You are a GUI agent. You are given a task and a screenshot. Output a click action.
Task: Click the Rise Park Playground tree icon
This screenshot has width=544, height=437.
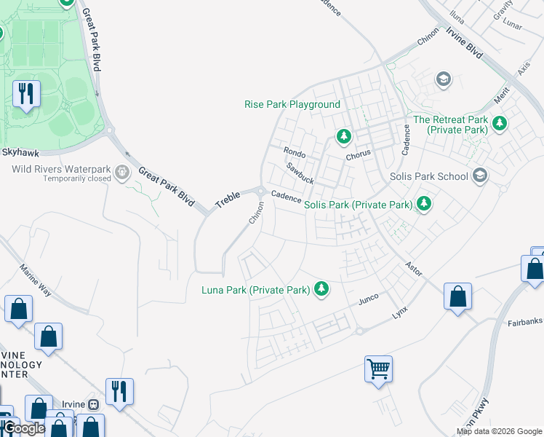343,136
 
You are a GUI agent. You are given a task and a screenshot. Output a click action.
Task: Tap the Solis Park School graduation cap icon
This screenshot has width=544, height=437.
479,175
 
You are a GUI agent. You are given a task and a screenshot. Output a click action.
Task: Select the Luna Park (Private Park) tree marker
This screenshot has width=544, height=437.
321,290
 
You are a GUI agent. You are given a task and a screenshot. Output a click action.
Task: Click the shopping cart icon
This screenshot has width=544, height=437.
379,369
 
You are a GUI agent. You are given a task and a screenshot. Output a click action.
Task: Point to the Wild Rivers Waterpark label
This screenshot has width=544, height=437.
61,170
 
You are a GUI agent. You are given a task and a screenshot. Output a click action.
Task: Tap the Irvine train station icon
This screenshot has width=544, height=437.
93,404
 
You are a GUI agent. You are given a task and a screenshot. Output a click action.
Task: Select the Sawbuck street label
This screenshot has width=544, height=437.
300,173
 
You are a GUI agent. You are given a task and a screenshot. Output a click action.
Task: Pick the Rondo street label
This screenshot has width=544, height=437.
294,154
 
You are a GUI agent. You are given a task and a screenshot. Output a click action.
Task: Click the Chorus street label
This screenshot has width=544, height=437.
359,154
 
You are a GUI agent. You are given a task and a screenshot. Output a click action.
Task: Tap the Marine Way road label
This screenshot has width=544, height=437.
36,280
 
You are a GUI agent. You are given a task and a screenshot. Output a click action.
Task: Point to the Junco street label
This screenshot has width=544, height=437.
369,299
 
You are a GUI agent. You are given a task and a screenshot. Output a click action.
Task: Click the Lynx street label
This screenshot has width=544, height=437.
400,311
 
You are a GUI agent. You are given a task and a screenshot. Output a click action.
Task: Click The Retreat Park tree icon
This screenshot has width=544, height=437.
499,123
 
